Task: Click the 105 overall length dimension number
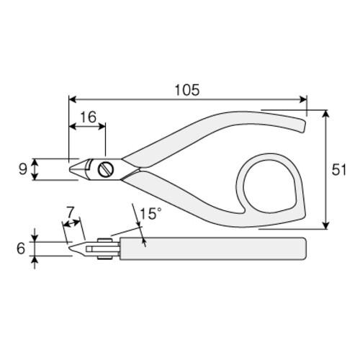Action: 187,90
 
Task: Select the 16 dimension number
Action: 88,117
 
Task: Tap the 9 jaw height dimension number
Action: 23,169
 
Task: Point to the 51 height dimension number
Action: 339,170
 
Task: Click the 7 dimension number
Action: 70,212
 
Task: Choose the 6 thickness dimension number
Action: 21,248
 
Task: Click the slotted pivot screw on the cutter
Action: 106,169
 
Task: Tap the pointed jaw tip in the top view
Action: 71,169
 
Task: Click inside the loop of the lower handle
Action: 269,186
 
